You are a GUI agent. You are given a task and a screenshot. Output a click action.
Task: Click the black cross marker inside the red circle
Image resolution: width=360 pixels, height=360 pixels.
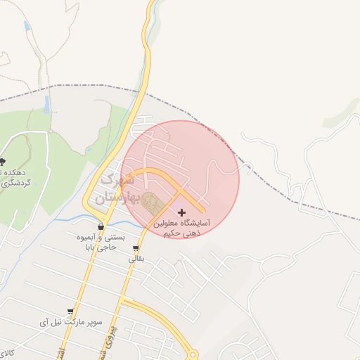(x=182, y=212)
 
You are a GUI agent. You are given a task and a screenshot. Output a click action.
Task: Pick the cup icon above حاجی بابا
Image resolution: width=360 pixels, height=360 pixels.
(x=101, y=227)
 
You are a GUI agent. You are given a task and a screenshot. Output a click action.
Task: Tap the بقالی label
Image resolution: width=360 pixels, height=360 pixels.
(x=134, y=259)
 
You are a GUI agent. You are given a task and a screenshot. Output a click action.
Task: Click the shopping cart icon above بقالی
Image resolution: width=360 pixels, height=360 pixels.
(x=135, y=248)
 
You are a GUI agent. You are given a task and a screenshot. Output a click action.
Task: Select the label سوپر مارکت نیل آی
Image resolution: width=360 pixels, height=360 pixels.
(x=70, y=322)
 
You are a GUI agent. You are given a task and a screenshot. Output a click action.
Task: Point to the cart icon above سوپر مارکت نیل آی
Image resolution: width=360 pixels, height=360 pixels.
(x=70, y=311)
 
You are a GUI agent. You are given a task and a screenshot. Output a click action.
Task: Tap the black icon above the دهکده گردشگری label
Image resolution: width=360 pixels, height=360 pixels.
(x=4, y=162)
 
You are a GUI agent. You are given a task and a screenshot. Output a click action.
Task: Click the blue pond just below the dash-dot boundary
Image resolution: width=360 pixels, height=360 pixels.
(x=47, y=105)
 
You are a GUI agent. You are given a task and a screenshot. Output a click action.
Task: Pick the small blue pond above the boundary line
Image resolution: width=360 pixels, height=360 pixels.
(x=27, y=26)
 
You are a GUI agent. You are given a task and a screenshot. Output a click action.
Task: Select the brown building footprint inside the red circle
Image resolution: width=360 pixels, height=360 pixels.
(x=151, y=204)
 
